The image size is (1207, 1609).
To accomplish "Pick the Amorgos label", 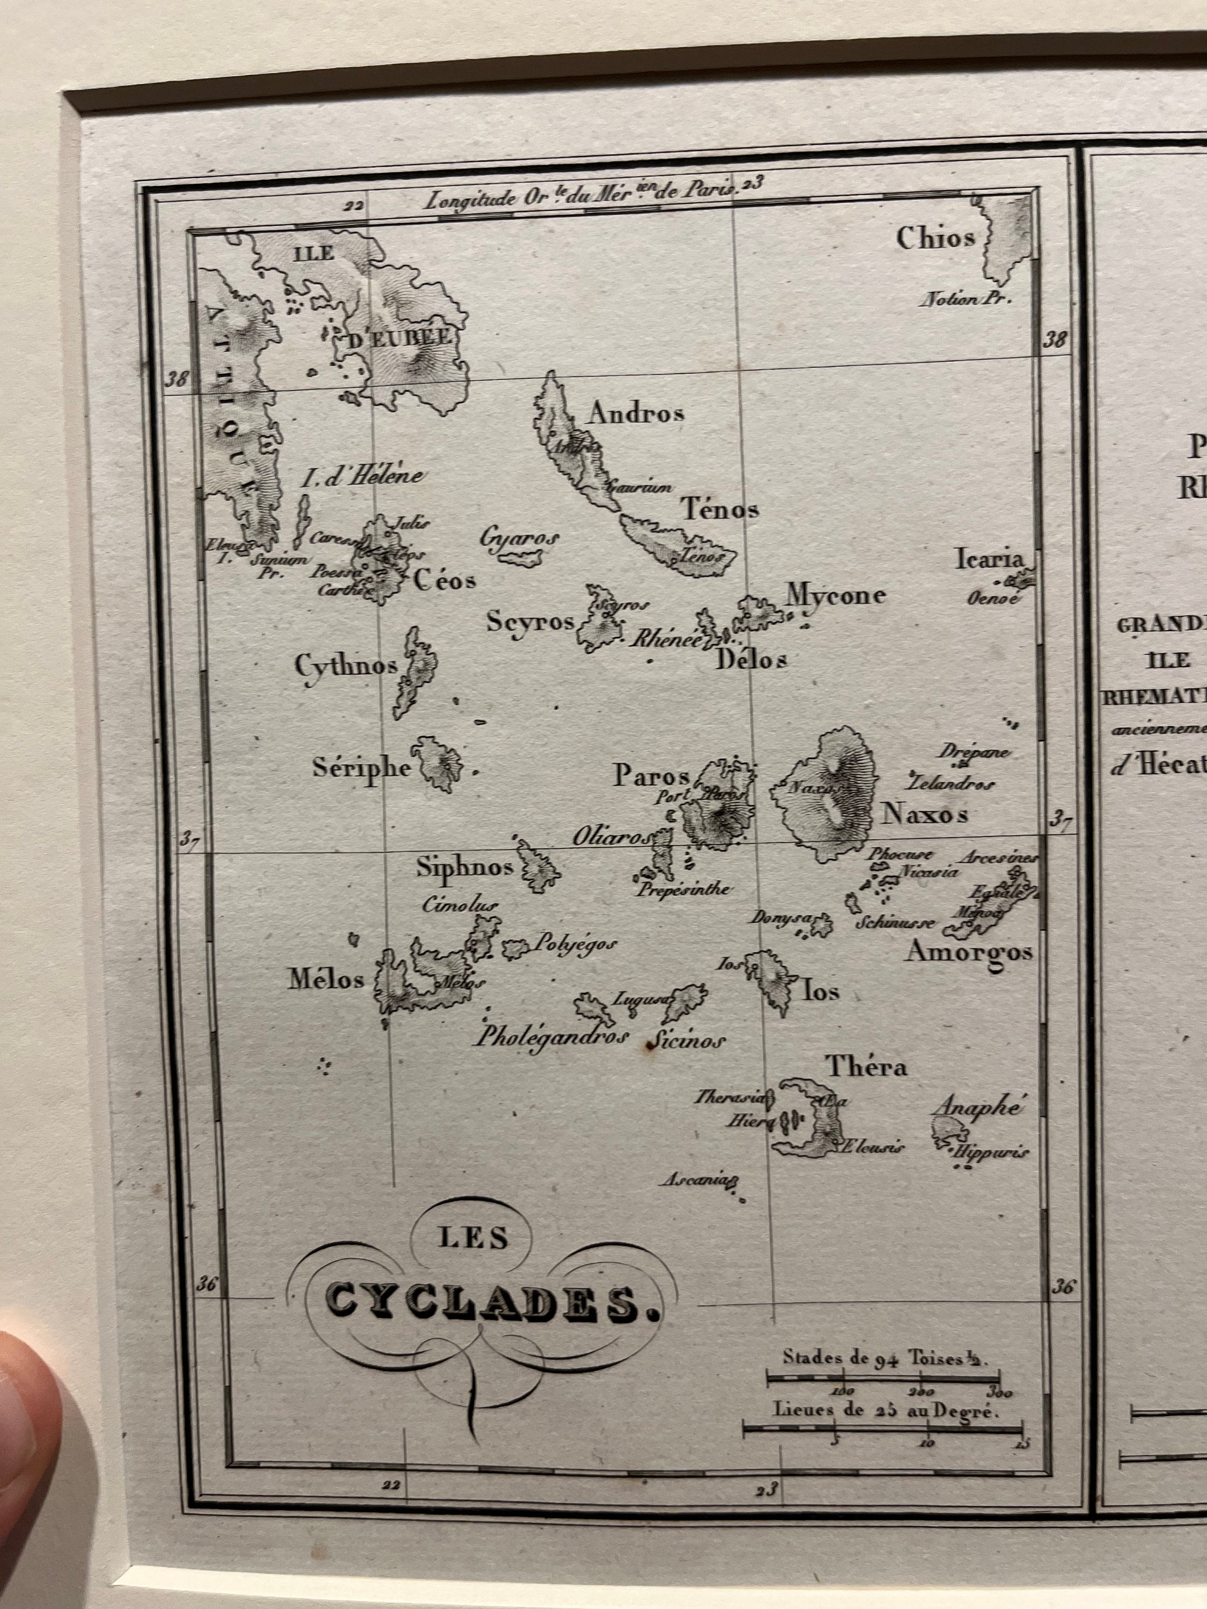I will (968, 952).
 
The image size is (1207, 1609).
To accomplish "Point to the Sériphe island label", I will (362, 767).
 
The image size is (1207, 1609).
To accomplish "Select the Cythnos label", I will (345, 665).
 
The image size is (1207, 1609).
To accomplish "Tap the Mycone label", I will (835, 595).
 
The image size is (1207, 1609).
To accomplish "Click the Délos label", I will (752, 659).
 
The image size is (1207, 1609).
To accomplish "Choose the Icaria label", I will (989, 559).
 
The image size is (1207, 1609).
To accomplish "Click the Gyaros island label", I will (519, 538).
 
